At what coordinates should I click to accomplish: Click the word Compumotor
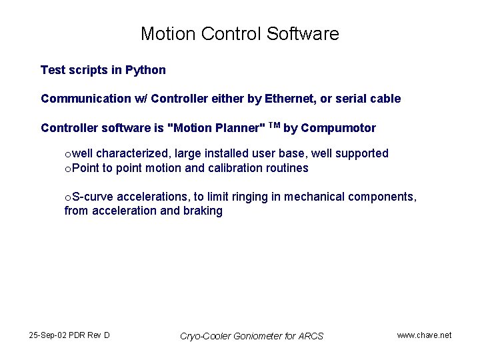[339, 128]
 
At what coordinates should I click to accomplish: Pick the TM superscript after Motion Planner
[274, 125]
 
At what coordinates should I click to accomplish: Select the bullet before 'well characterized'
[67, 155]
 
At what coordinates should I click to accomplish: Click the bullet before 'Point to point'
[67, 169]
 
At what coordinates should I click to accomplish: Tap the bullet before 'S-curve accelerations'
[67, 198]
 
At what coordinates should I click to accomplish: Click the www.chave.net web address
[424, 335]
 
